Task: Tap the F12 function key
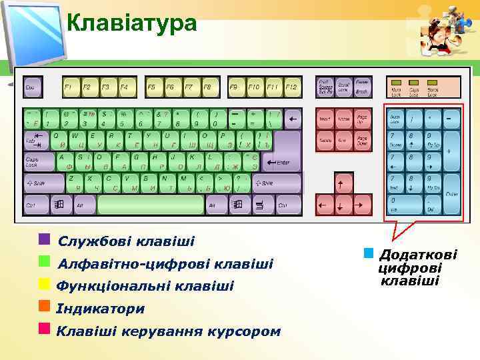point(292,87)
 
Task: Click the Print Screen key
point(325,87)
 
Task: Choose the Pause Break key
point(362,87)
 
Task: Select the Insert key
point(325,119)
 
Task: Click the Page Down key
point(362,141)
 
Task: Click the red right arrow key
point(363,205)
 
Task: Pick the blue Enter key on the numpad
point(451,193)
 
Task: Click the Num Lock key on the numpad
point(397,119)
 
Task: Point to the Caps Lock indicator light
point(414,87)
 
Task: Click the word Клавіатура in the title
point(132,23)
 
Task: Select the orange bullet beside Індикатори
point(45,306)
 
